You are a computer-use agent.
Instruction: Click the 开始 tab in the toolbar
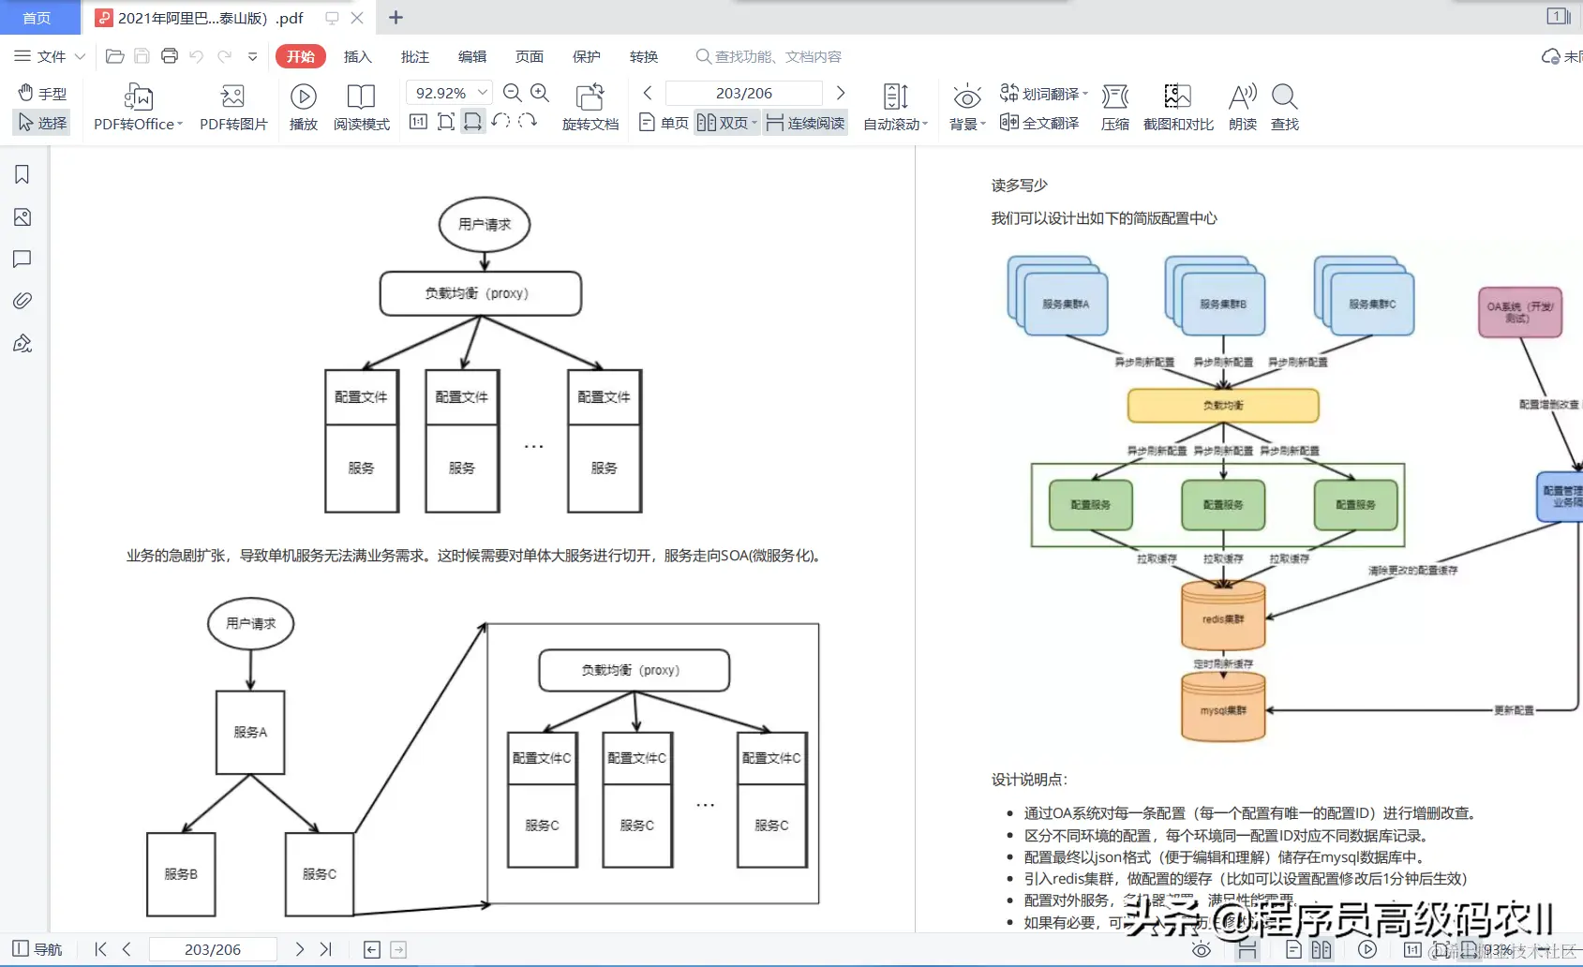point(300,56)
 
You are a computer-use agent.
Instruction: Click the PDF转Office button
point(138,108)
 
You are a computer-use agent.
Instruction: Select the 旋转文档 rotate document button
point(590,108)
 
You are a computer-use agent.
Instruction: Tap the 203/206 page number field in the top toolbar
point(743,93)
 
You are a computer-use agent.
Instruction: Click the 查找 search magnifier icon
point(1284,107)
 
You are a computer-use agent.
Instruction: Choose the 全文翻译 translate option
point(1039,123)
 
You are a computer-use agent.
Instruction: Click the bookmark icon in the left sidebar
point(22,175)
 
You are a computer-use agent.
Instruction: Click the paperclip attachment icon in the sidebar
point(22,301)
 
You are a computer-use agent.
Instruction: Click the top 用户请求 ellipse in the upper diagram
point(485,225)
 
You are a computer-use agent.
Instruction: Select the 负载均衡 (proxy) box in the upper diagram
point(480,293)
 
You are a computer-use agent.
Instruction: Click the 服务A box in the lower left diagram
point(250,732)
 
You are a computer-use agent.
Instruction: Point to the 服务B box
point(181,874)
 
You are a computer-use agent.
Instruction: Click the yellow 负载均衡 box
point(1223,405)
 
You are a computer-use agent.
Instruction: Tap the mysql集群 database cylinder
point(1223,708)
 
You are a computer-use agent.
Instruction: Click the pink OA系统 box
point(1520,312)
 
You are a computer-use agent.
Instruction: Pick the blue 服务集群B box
point(1223,304)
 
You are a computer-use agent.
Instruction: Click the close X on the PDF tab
point(357,18)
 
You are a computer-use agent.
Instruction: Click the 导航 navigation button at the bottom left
point(37,949)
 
